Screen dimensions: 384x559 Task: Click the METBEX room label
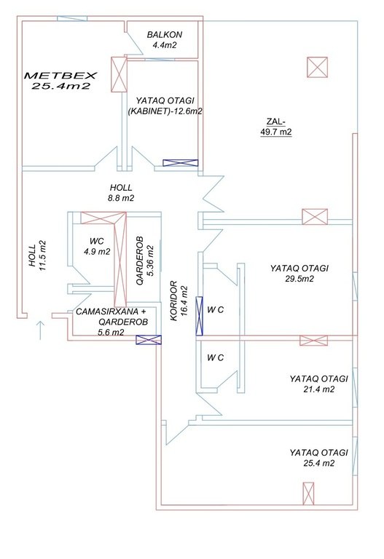coord(60,76)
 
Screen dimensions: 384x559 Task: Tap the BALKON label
coord(165,35)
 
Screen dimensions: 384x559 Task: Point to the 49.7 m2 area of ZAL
coord(276,132)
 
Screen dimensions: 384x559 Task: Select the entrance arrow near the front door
coord(40,330)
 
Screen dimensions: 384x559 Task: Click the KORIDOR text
coord(174,301)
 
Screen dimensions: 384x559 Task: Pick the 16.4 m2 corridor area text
coord(184,301)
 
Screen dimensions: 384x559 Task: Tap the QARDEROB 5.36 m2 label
coord(145,261)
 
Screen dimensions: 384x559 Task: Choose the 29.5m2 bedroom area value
coord(299,279)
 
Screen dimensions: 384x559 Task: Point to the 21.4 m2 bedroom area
coord(319,389)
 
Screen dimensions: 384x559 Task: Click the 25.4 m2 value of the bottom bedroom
coord(319,464)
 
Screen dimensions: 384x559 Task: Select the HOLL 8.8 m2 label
coord(121,192)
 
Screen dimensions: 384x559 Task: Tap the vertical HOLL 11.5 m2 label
coord(38,255)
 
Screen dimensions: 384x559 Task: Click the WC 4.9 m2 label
coord(97,246)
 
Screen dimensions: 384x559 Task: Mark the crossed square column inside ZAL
coord(317,67)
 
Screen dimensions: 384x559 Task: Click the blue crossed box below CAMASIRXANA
coord(149,340)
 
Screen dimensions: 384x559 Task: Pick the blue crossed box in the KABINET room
coord(180,163)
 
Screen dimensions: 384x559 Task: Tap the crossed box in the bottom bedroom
coord(308,493)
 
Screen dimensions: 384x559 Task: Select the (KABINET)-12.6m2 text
coord(165,111)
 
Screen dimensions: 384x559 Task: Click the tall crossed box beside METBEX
coord(119,74)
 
